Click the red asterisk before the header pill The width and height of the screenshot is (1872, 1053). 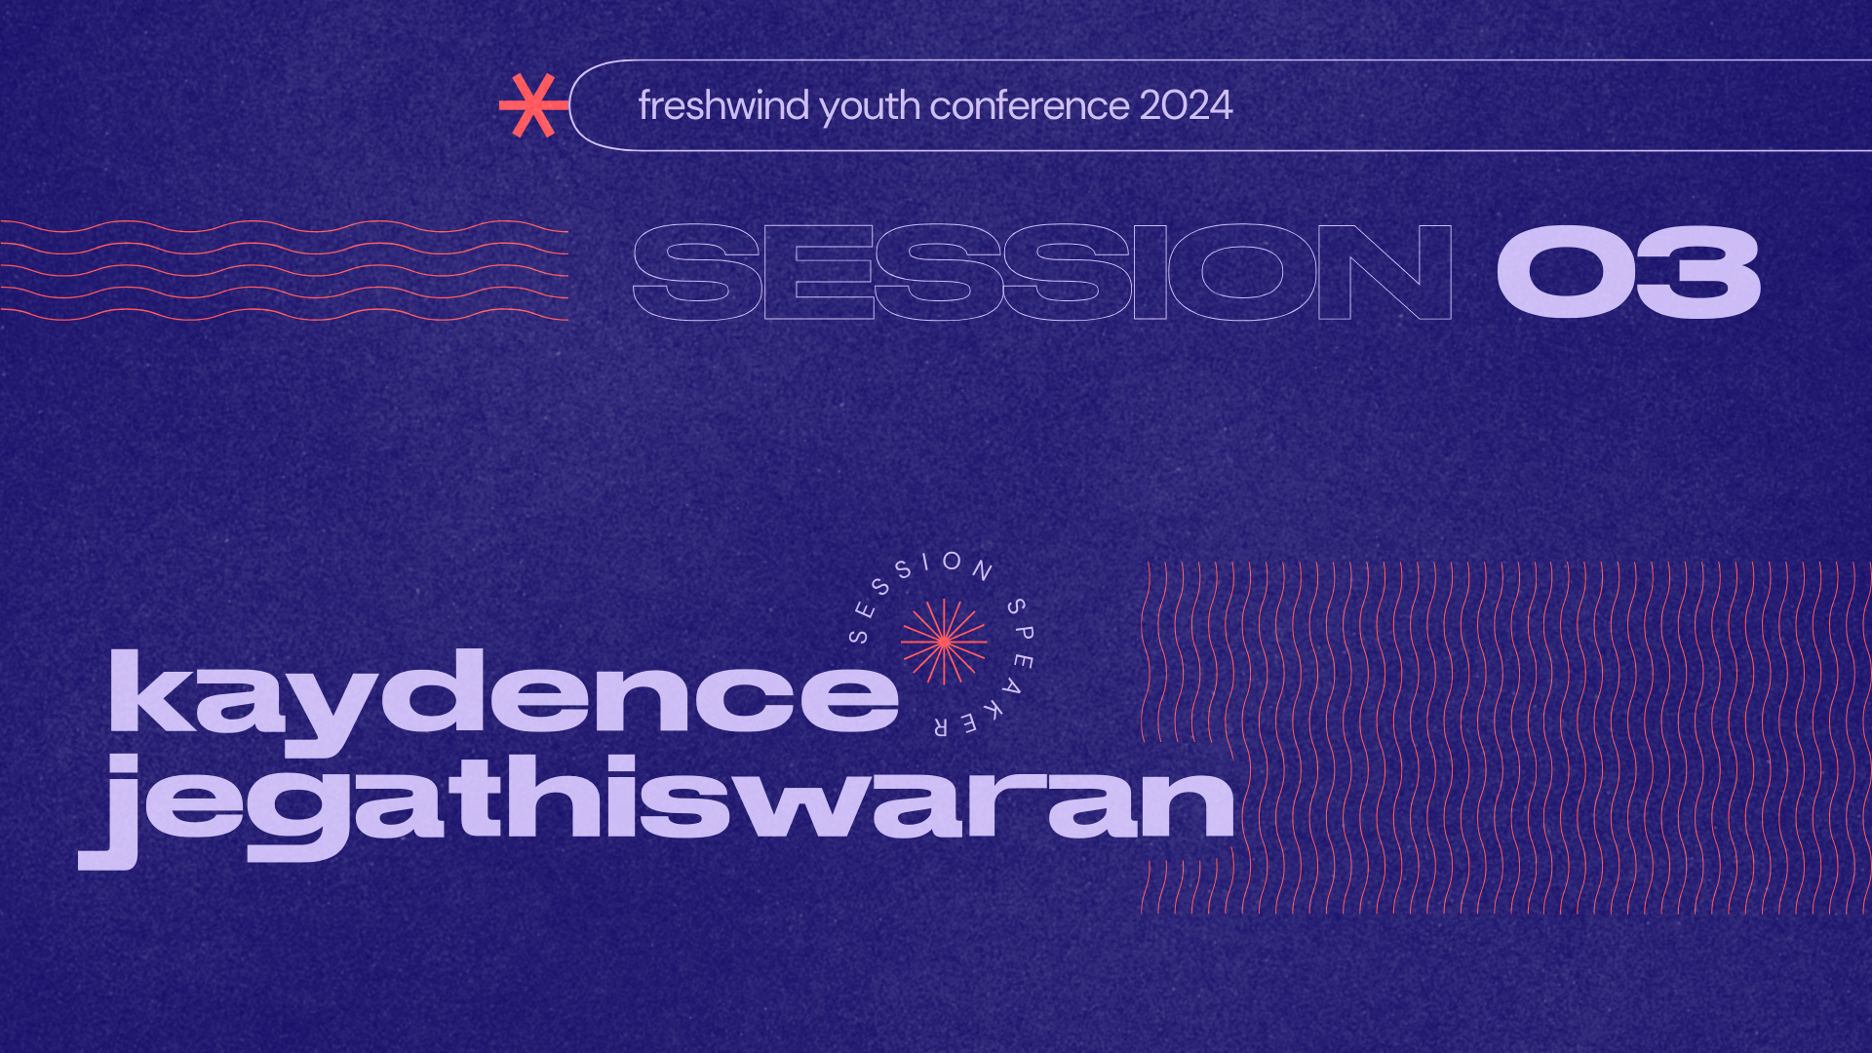pos(531,105)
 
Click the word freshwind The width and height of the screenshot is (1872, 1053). pos(723,105)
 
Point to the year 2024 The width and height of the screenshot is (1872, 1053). pos(1186,105)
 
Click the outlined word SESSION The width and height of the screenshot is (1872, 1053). pos(1041,272)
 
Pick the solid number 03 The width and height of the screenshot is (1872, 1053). pos(1628,272)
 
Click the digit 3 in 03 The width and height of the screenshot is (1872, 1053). pos(1698,272)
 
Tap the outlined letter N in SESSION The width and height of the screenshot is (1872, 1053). pos(1384,272)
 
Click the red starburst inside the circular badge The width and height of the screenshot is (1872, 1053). pos(944,642)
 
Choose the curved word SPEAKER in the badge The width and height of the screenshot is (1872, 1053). pos(1008,673)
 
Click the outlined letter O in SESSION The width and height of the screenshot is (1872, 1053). pos(1242,272)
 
